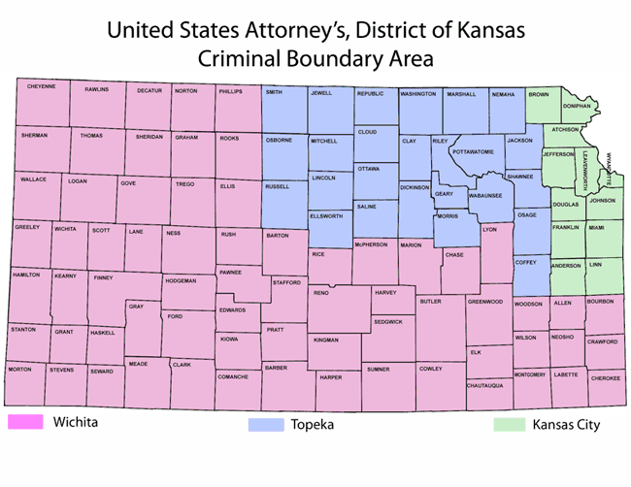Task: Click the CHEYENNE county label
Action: pos(42,86)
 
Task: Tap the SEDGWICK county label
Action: pos(387,320)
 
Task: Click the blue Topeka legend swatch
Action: pos(265,425)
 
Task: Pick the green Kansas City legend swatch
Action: pos(509,425)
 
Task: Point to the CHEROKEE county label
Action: pos(606,378)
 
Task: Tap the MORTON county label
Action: pos(19,370)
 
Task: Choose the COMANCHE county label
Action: pos(233,375)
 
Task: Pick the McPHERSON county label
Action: pos(371,244)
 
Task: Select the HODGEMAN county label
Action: pos(181,280)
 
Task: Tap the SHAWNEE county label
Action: pos(520,177)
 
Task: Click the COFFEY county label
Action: pos(525,261)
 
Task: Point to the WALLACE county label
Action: pos(33,179)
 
